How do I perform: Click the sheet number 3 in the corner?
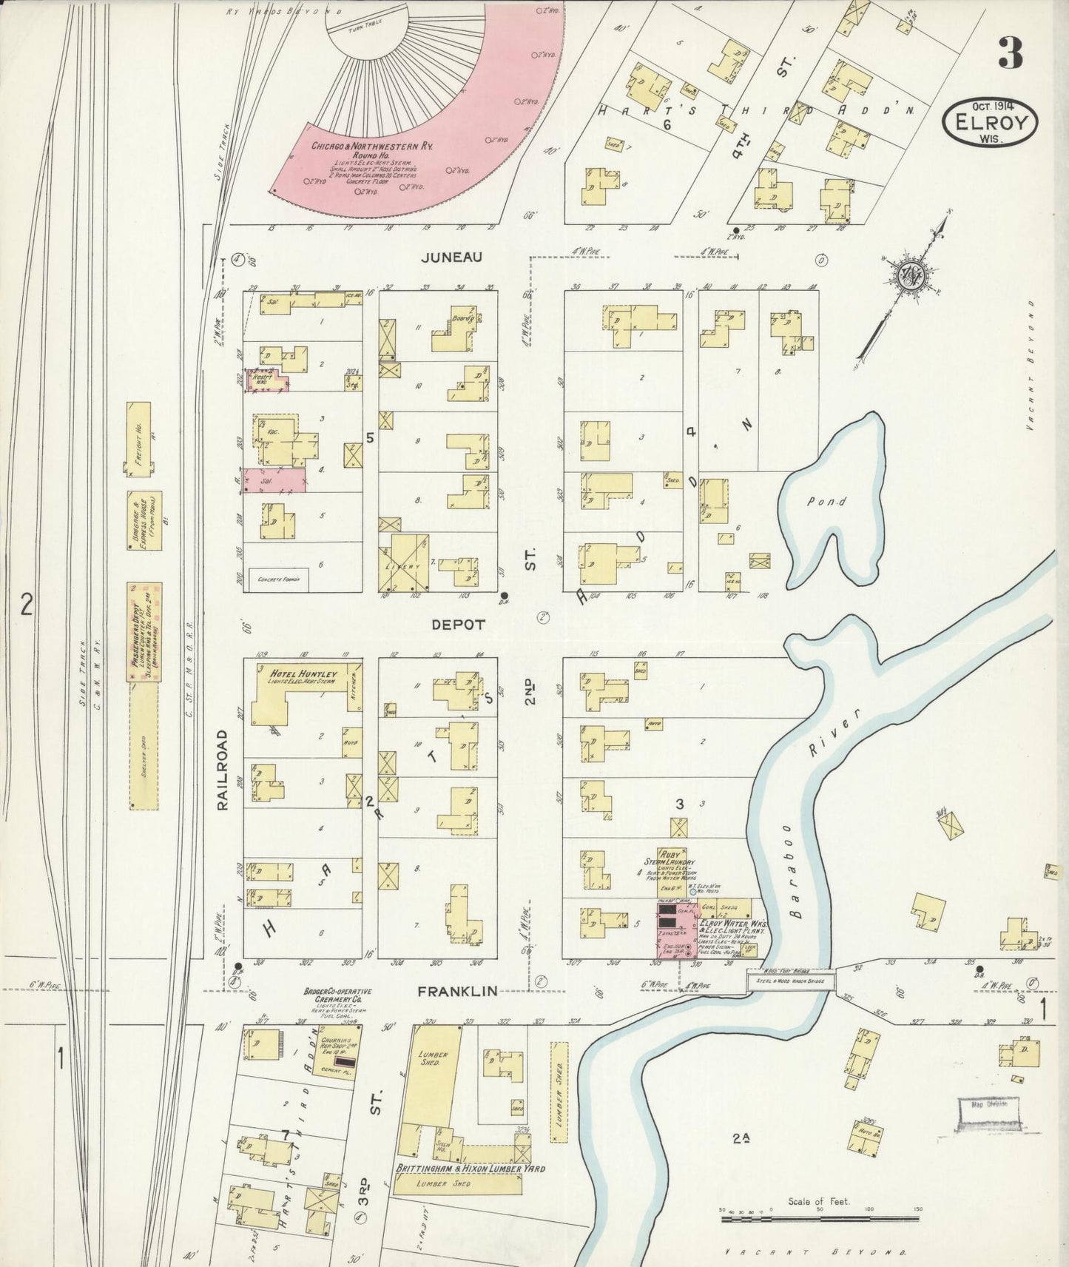coord(1010,53)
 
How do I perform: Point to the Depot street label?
coord(459,624)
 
